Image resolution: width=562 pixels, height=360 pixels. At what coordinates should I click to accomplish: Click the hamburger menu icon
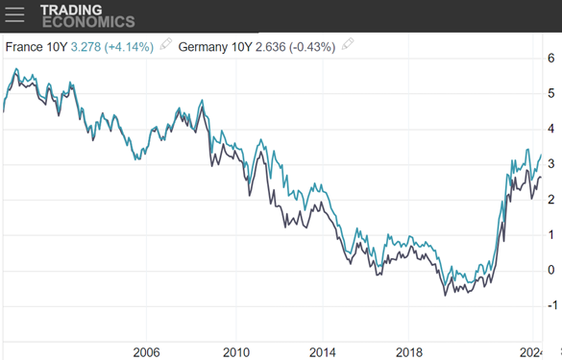click(x=15, y=15)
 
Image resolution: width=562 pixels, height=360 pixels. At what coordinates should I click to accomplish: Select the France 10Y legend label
click(x=35, y=44)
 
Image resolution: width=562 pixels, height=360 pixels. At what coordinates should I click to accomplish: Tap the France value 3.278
click(x=86, y=44)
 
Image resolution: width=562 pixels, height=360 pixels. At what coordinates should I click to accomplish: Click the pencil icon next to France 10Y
click(x=165, y=44)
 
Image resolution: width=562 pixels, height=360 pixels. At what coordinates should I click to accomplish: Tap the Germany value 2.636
click(x=270, y=44)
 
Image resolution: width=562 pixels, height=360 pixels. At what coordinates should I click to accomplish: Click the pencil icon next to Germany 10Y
click(x=348, y=44)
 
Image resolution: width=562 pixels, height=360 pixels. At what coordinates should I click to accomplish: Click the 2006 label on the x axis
click(x=146, y=350)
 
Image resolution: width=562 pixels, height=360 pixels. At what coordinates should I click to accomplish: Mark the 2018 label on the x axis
click(x=410, y=350)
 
